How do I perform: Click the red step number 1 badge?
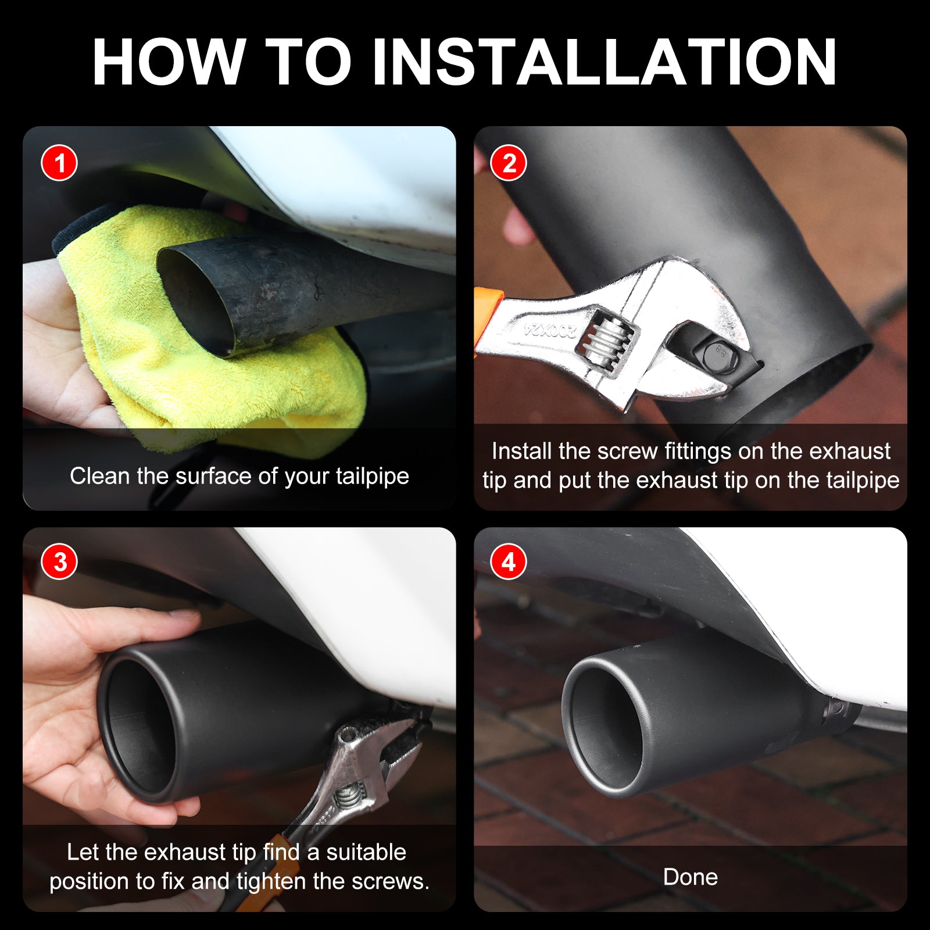click(x=59, y=163)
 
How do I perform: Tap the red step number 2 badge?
click(x=509, y=163)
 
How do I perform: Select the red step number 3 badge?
click(x=59, y=562)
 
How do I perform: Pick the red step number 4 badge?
click(x=509, y=562)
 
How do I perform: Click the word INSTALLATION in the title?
click(x=604, y=62)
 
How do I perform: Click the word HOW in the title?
click(x=169, y=62)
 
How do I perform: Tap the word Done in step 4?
click(x=691, y=877)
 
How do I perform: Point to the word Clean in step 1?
click(x=100, y=476)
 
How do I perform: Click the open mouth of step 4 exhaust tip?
click(x=604, y=724)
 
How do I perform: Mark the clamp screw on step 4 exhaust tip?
click(x=836, y=708)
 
